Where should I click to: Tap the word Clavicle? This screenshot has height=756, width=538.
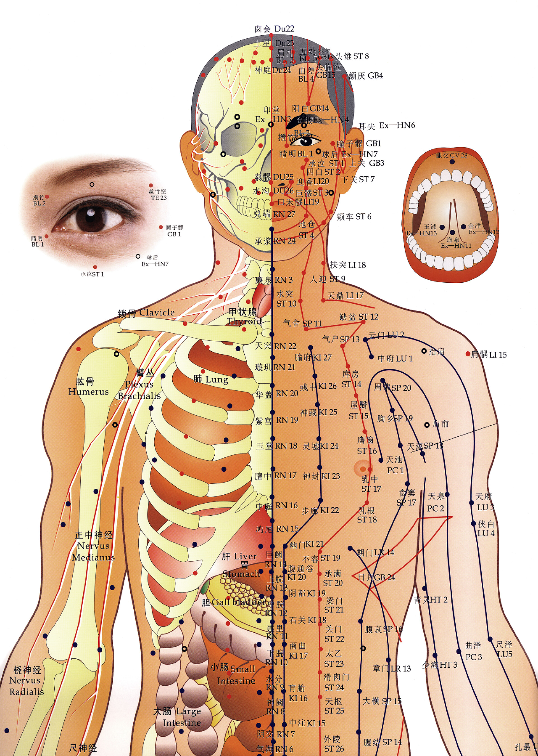157,312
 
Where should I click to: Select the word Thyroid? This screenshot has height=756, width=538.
245,321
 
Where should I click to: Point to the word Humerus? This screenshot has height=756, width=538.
89,392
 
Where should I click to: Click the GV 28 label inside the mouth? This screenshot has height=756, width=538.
458,155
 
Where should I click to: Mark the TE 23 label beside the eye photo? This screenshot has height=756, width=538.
159,198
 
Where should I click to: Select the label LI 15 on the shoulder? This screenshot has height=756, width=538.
498,355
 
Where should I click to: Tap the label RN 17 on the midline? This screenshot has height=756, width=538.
285,476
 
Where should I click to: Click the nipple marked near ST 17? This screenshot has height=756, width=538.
363,469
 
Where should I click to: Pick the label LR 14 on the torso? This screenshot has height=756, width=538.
384,552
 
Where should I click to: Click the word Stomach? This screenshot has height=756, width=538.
241,574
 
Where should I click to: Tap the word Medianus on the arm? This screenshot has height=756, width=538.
93,557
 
